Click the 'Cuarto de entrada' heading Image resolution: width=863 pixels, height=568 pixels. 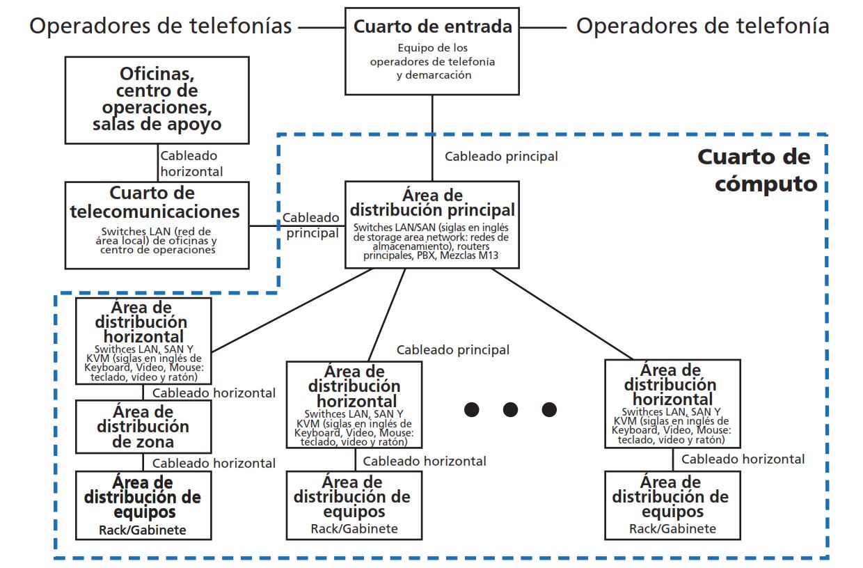pos(432,27)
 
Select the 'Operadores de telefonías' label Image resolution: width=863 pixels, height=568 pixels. pos(160,26)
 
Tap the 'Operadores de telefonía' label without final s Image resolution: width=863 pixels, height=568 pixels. pos(702,26)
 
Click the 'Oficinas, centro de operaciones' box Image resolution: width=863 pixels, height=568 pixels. pos(157,100)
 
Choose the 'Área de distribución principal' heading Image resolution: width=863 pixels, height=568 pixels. pos(432,202)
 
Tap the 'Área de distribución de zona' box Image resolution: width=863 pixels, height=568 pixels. pos(143,427)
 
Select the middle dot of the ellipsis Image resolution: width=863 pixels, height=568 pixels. pos(511,409)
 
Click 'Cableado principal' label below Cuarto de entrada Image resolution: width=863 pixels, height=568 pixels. pos(501,157)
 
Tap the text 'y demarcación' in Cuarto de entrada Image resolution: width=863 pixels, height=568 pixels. pos(432,74)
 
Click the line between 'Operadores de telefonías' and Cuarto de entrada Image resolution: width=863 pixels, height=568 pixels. pos(322,27)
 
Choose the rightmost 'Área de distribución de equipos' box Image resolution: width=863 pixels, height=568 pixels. pos(672,505)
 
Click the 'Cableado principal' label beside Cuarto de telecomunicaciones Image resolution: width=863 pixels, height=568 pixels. pos(311,226)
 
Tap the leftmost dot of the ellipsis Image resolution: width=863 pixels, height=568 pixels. pos(473,409)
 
